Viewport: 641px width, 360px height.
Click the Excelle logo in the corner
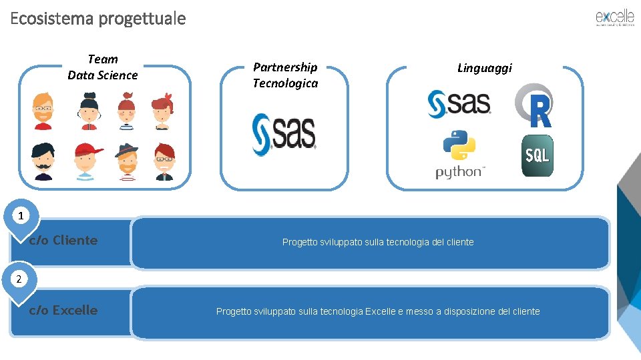pyautogui.click(x=614, y=18)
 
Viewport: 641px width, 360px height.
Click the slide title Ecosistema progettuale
pyautogui.click(x=98, y=18)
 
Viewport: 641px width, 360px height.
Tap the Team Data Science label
pyautogui.click(x=102, y=67)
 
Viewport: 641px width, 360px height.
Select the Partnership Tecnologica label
pyautogui.click(x=285, y=75)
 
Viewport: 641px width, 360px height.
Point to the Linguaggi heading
pyautogui.click(x=485, y=67)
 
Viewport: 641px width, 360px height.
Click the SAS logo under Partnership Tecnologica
pyautogui.click(x=284, y=134)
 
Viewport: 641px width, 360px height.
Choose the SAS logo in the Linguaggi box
pyautogui.click(x=459, y=104)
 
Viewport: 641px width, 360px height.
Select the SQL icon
pyautogui.click(x=537, y=156)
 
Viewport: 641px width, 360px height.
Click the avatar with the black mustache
pyautogui.click(x=43, y=161)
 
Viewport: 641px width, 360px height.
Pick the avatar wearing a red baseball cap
pyautogui.click(x=85, y=161)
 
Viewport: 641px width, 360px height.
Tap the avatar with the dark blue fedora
pyautogui.click(x=126, y=161)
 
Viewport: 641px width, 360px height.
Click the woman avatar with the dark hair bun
pyautogui.click(x=89, y=110)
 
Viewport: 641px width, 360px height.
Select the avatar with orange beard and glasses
pyautogui.click(x=43, y=110)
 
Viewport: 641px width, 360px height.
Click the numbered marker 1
pyautogui.click(x=21, y=215)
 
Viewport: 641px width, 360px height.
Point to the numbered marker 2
pyautogui.click(x=19, y=279)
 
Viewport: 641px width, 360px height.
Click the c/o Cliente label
pyautogui.click(x=63, y=240)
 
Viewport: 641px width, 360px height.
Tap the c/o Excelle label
pyautogui.click(x=63, y=310)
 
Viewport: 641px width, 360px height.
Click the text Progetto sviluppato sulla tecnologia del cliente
pyautogui.click(x=378, y=242)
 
